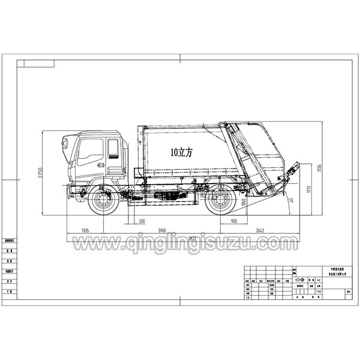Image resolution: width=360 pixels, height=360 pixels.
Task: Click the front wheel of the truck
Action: point(103,200)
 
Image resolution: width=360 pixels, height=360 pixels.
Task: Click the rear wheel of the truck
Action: point(220,201)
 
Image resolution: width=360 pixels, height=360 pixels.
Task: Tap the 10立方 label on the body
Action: point(181,152)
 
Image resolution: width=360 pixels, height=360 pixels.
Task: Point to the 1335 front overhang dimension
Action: point(85,230)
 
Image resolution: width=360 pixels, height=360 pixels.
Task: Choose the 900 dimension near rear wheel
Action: point(233,222)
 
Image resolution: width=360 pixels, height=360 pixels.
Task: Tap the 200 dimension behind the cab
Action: point(142,222)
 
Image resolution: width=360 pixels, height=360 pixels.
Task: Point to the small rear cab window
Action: point(113,146)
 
